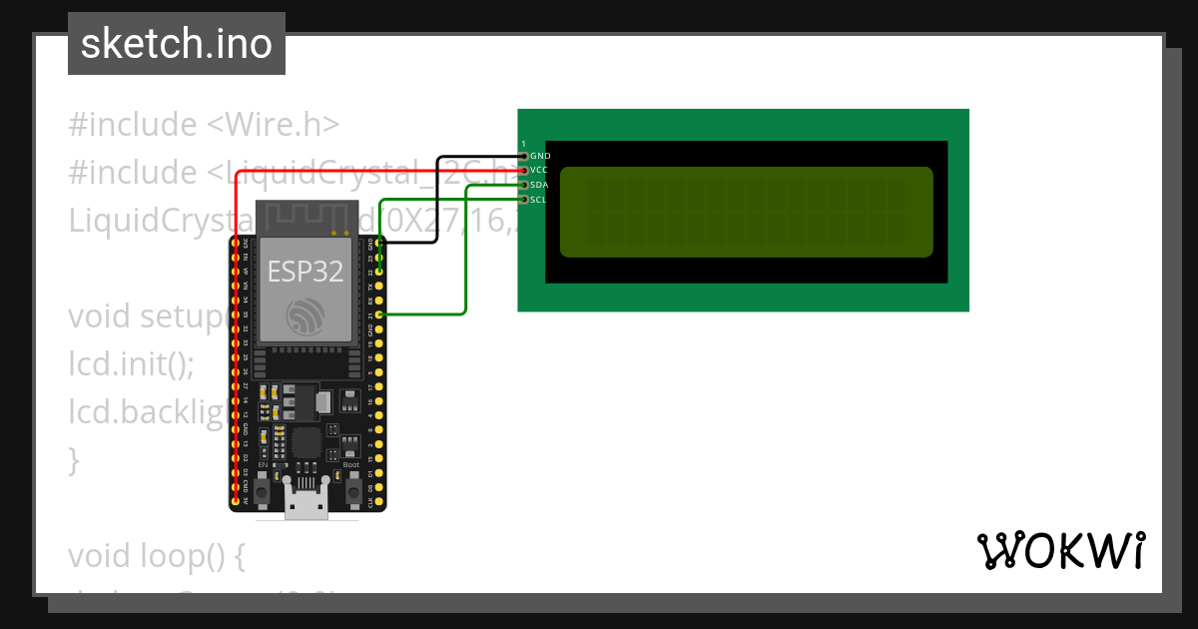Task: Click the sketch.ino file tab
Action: point(177,44)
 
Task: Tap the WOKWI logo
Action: point(1060,550)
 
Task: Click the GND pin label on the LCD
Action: point(540,156)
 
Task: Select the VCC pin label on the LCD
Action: point(539,171)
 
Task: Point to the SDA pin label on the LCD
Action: point(539,185)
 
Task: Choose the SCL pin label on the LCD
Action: point(539,200)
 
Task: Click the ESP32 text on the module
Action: point(306,271)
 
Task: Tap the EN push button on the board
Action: point(263,490)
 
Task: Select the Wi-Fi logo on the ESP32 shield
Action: point(306,316)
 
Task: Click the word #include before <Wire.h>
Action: point(133,125)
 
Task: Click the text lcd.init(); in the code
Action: point(131,364)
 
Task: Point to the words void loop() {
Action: point(157,556)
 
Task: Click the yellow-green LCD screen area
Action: point(746,212)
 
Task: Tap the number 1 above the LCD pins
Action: point(523,145)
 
